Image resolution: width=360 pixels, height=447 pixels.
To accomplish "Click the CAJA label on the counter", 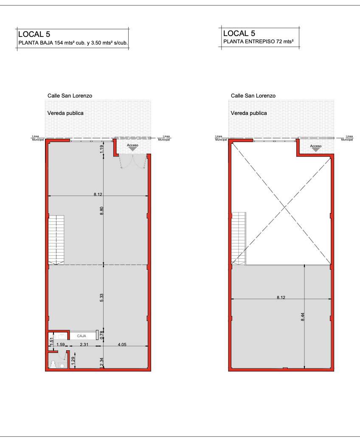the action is [x=82, y=336].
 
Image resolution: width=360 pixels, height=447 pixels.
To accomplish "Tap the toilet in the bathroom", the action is [x=53, y=364].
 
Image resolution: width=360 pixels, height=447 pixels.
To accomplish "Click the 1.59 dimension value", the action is [x=60, y=344].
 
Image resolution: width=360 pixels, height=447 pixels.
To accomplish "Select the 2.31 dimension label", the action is [x=84, y=344].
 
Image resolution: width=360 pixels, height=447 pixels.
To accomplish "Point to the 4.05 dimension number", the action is [x=122, y=344].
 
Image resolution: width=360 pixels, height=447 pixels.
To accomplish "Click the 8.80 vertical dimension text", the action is [x=101, y=211].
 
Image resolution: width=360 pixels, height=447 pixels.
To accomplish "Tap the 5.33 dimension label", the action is [x=101, y=298].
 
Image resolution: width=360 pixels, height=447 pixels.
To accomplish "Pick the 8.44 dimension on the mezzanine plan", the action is [x=303, y=317].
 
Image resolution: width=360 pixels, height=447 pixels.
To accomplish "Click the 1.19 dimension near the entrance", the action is [x=101, y=149].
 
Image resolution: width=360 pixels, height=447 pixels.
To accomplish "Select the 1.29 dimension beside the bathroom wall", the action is [x=73, y=361].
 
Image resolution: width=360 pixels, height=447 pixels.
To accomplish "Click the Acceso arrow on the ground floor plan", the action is [x=132, y=149].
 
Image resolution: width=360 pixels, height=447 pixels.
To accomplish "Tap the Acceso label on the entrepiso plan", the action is [x=316, y=146].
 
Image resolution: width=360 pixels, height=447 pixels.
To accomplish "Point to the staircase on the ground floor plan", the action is [x=56, y=240].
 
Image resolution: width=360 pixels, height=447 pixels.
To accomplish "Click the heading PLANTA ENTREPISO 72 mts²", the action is [x=259, y=42].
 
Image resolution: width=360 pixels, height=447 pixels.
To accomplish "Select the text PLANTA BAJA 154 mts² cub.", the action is [x=52, y=43].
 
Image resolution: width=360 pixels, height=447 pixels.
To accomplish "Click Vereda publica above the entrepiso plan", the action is [x=249, y=113].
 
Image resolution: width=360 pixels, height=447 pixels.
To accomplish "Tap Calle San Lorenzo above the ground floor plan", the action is [x=70, y=96].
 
